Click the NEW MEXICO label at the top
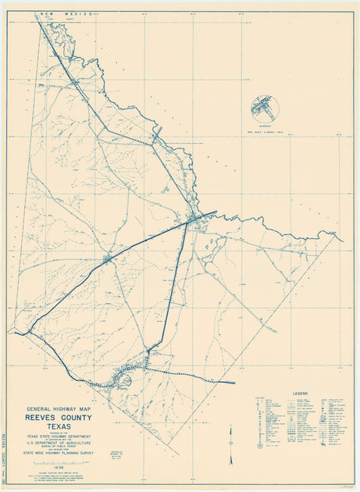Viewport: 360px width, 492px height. click(x=70, y=14)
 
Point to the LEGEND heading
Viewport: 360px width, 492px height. click(x=300, y=393)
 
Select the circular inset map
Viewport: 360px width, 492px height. click(x=266, y=109)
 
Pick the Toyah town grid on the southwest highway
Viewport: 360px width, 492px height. click(x=108, y=258)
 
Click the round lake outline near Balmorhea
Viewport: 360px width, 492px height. click(x=123, y=382)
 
